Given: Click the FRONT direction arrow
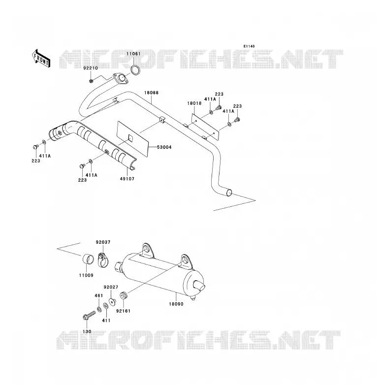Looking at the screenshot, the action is pos(41,59).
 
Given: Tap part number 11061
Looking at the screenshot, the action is pos(133,54).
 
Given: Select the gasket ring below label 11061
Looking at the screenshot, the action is pos(135,70).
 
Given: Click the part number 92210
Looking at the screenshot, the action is pos(91,68).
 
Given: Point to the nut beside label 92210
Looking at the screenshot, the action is pos(91,81).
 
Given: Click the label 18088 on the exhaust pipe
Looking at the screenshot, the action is pos(151,93).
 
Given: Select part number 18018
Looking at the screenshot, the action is pos(194,103).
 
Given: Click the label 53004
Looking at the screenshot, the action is pos(164,147).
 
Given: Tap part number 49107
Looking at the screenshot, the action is pos(127,179).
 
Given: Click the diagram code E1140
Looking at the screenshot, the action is pos(249,46).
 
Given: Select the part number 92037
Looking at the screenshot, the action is pos(103,242).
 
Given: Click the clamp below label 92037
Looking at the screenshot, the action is pos(102,260).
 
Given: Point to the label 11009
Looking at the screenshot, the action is pos(86,275).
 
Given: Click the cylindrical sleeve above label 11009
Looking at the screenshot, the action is pos(88,259).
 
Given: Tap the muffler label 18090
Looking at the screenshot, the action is pos(176,304).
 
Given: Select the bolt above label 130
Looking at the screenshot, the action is pos(89,315).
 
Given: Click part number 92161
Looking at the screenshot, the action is pos(123,311).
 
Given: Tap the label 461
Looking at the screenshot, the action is pos(98,295).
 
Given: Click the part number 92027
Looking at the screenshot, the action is pos(111,287).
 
